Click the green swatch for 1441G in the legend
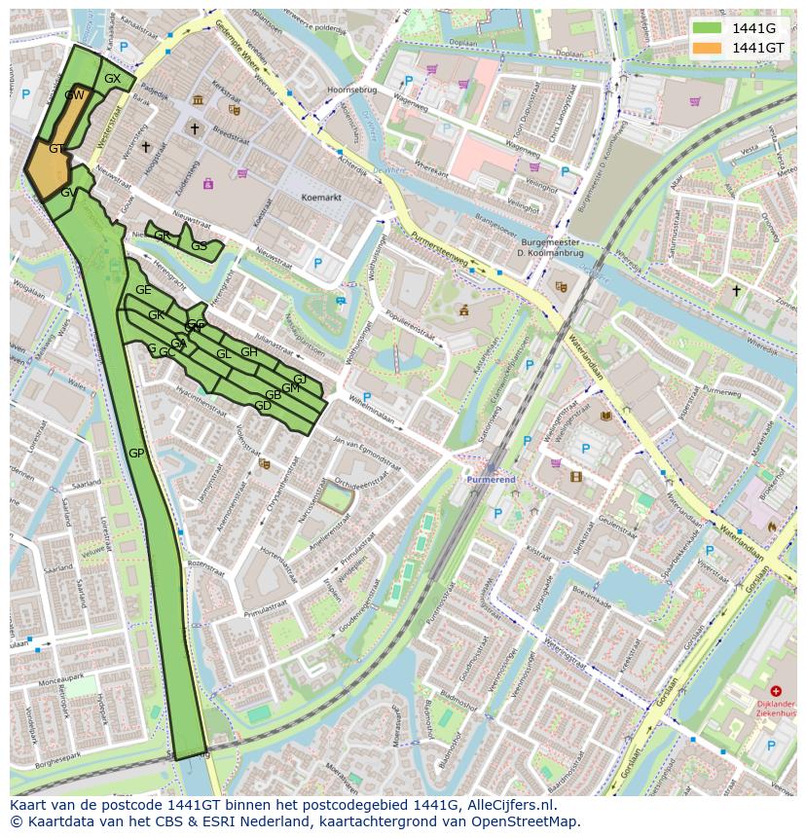click(x=708, y=28)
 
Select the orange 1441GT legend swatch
click(x=708, y=48)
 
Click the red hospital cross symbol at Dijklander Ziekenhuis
click(x=775, y=691)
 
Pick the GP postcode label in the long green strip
click(x=136, y=454)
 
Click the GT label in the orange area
click(x=56, y=149)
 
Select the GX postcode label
click(x=112, y=79)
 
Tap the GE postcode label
click(x=143, y=290)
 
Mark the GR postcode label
click(x=162, y=236)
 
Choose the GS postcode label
click(x=199, y=246)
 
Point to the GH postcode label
click(x=249, y=352)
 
